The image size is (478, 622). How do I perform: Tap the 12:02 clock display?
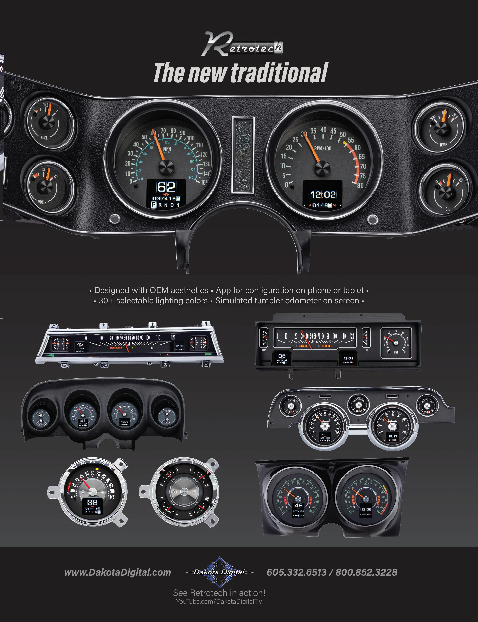pyautogui.click(x=323, y=194)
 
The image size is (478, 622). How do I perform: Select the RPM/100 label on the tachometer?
pyautogui.click(x=323, y=148)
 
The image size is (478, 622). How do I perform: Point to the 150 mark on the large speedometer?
pyautogui.click(x=204, y=182)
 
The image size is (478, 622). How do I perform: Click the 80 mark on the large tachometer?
pyautogui.click(x=360, y=185)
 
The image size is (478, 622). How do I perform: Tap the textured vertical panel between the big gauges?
pyautogui.click(x=243, y=155)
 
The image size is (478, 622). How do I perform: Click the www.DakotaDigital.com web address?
pyautogui.click(x=118, y=572)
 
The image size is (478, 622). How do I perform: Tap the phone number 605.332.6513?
pyautogui.click(x=296, y=572)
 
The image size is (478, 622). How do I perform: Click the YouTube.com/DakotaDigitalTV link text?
pyautogui.click(x=219, y=602)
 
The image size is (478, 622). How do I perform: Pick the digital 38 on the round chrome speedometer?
pyautogui.click(x=92, y=502)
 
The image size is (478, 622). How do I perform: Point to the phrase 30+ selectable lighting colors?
pyautogui.click(x=153, y=301)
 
